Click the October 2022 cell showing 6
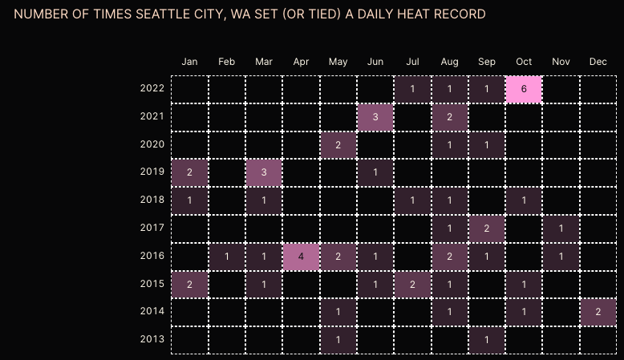[x=524, y=89]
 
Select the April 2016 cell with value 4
[x=301, y=257]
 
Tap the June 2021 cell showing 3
[x=375, y=117]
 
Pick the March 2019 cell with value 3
[x=264, y=173]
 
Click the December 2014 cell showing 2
[x=598, y=312]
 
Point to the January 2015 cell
[x=190, y=285]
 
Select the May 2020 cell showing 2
[x=338, y=145]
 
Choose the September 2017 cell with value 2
[x=487, y=229]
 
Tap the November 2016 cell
[x=561, y=257]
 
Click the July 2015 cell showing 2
[x=412, y=285]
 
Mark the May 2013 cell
[x=338, y=340]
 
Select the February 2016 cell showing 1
[x=227, y=257]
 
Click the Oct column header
[x=524, y=62]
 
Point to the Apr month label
[x=301, y=62]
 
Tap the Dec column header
[x=598, y=62]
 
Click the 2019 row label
[x=152, y=172]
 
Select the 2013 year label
[x=152, y=339]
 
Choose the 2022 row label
[x=152, y=88]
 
